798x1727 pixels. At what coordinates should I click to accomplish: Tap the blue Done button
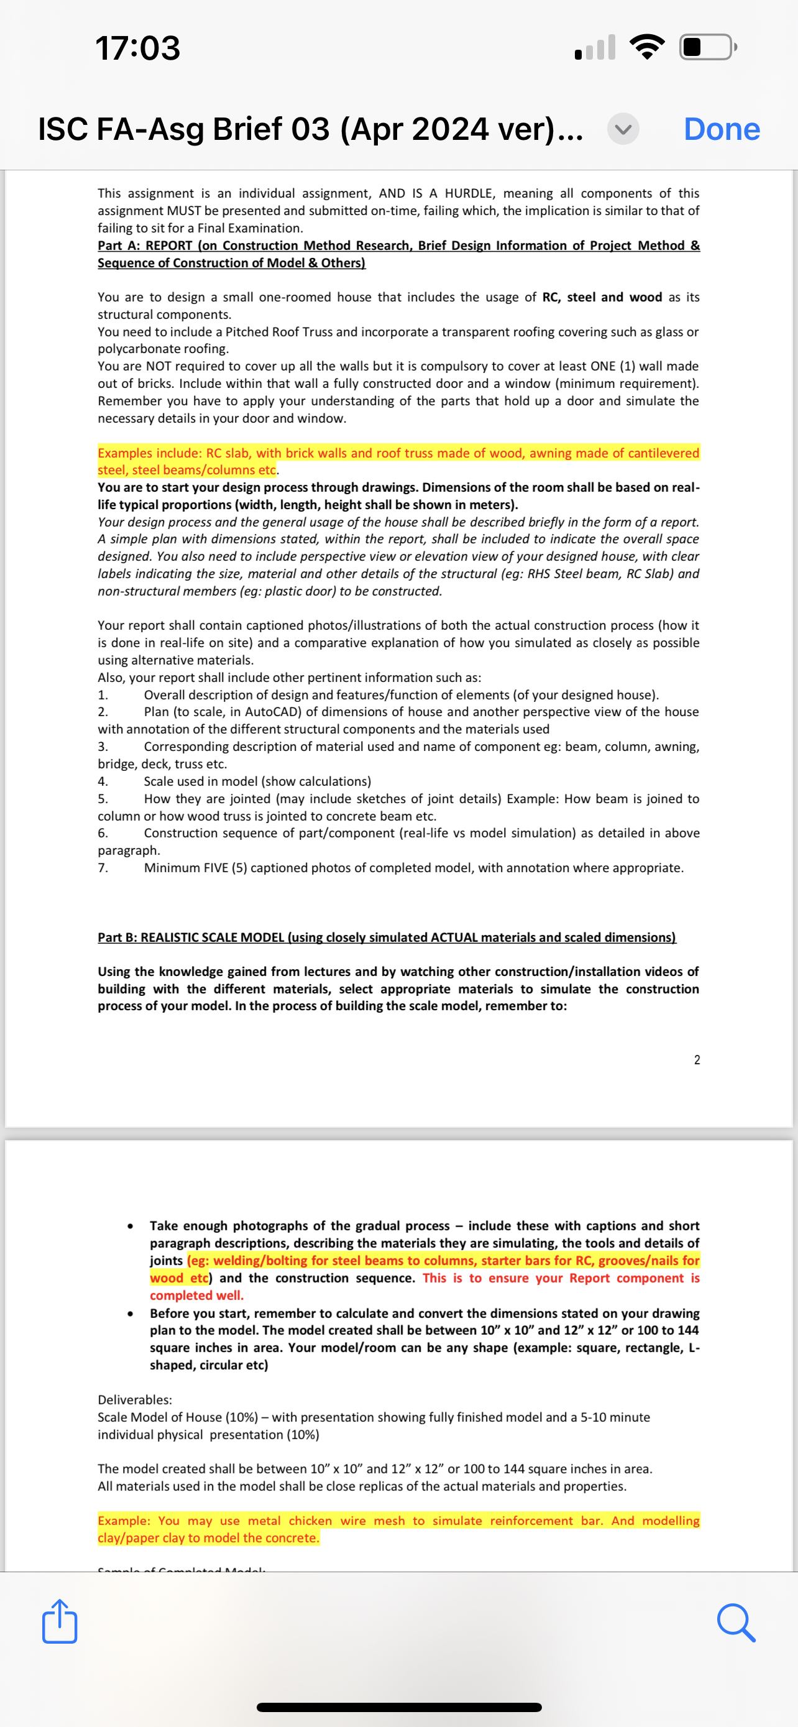point(722,129)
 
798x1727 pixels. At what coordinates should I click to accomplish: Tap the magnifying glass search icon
point(736,1623)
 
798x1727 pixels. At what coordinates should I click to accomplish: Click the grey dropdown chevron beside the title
point(623,129)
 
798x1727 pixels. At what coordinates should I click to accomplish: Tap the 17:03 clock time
point(138,48)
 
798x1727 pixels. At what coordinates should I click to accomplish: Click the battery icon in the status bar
point(707,47)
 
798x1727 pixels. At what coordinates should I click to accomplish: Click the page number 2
point(697,1060)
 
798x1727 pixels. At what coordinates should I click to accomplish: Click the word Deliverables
point(135,1400)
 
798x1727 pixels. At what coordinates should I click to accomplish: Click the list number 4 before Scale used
point(103,781)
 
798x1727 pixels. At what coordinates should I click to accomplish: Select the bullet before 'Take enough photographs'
point(129,1226)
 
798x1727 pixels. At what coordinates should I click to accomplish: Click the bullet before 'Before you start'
point(129,1314)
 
